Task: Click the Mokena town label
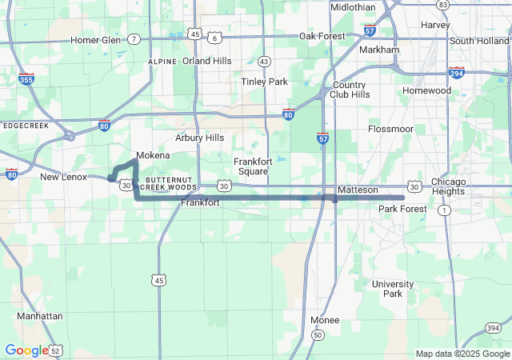point(153,155)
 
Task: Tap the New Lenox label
point(62,177)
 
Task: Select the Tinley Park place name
point(264,82)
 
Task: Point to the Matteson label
point(357,190)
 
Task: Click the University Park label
point(393,289)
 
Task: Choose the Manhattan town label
point(39,316)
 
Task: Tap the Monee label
point(325,320)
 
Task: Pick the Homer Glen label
point(95,39)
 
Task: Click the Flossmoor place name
point(390,129)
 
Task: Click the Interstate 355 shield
point(26,78)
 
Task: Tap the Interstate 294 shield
point(457,73)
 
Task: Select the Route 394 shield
point(493,329)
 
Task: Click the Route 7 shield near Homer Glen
point(134,39)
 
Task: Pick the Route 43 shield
point(264,61)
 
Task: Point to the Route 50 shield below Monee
point(318,334)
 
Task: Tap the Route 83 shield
point(442,5)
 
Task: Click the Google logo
point(26,350)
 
